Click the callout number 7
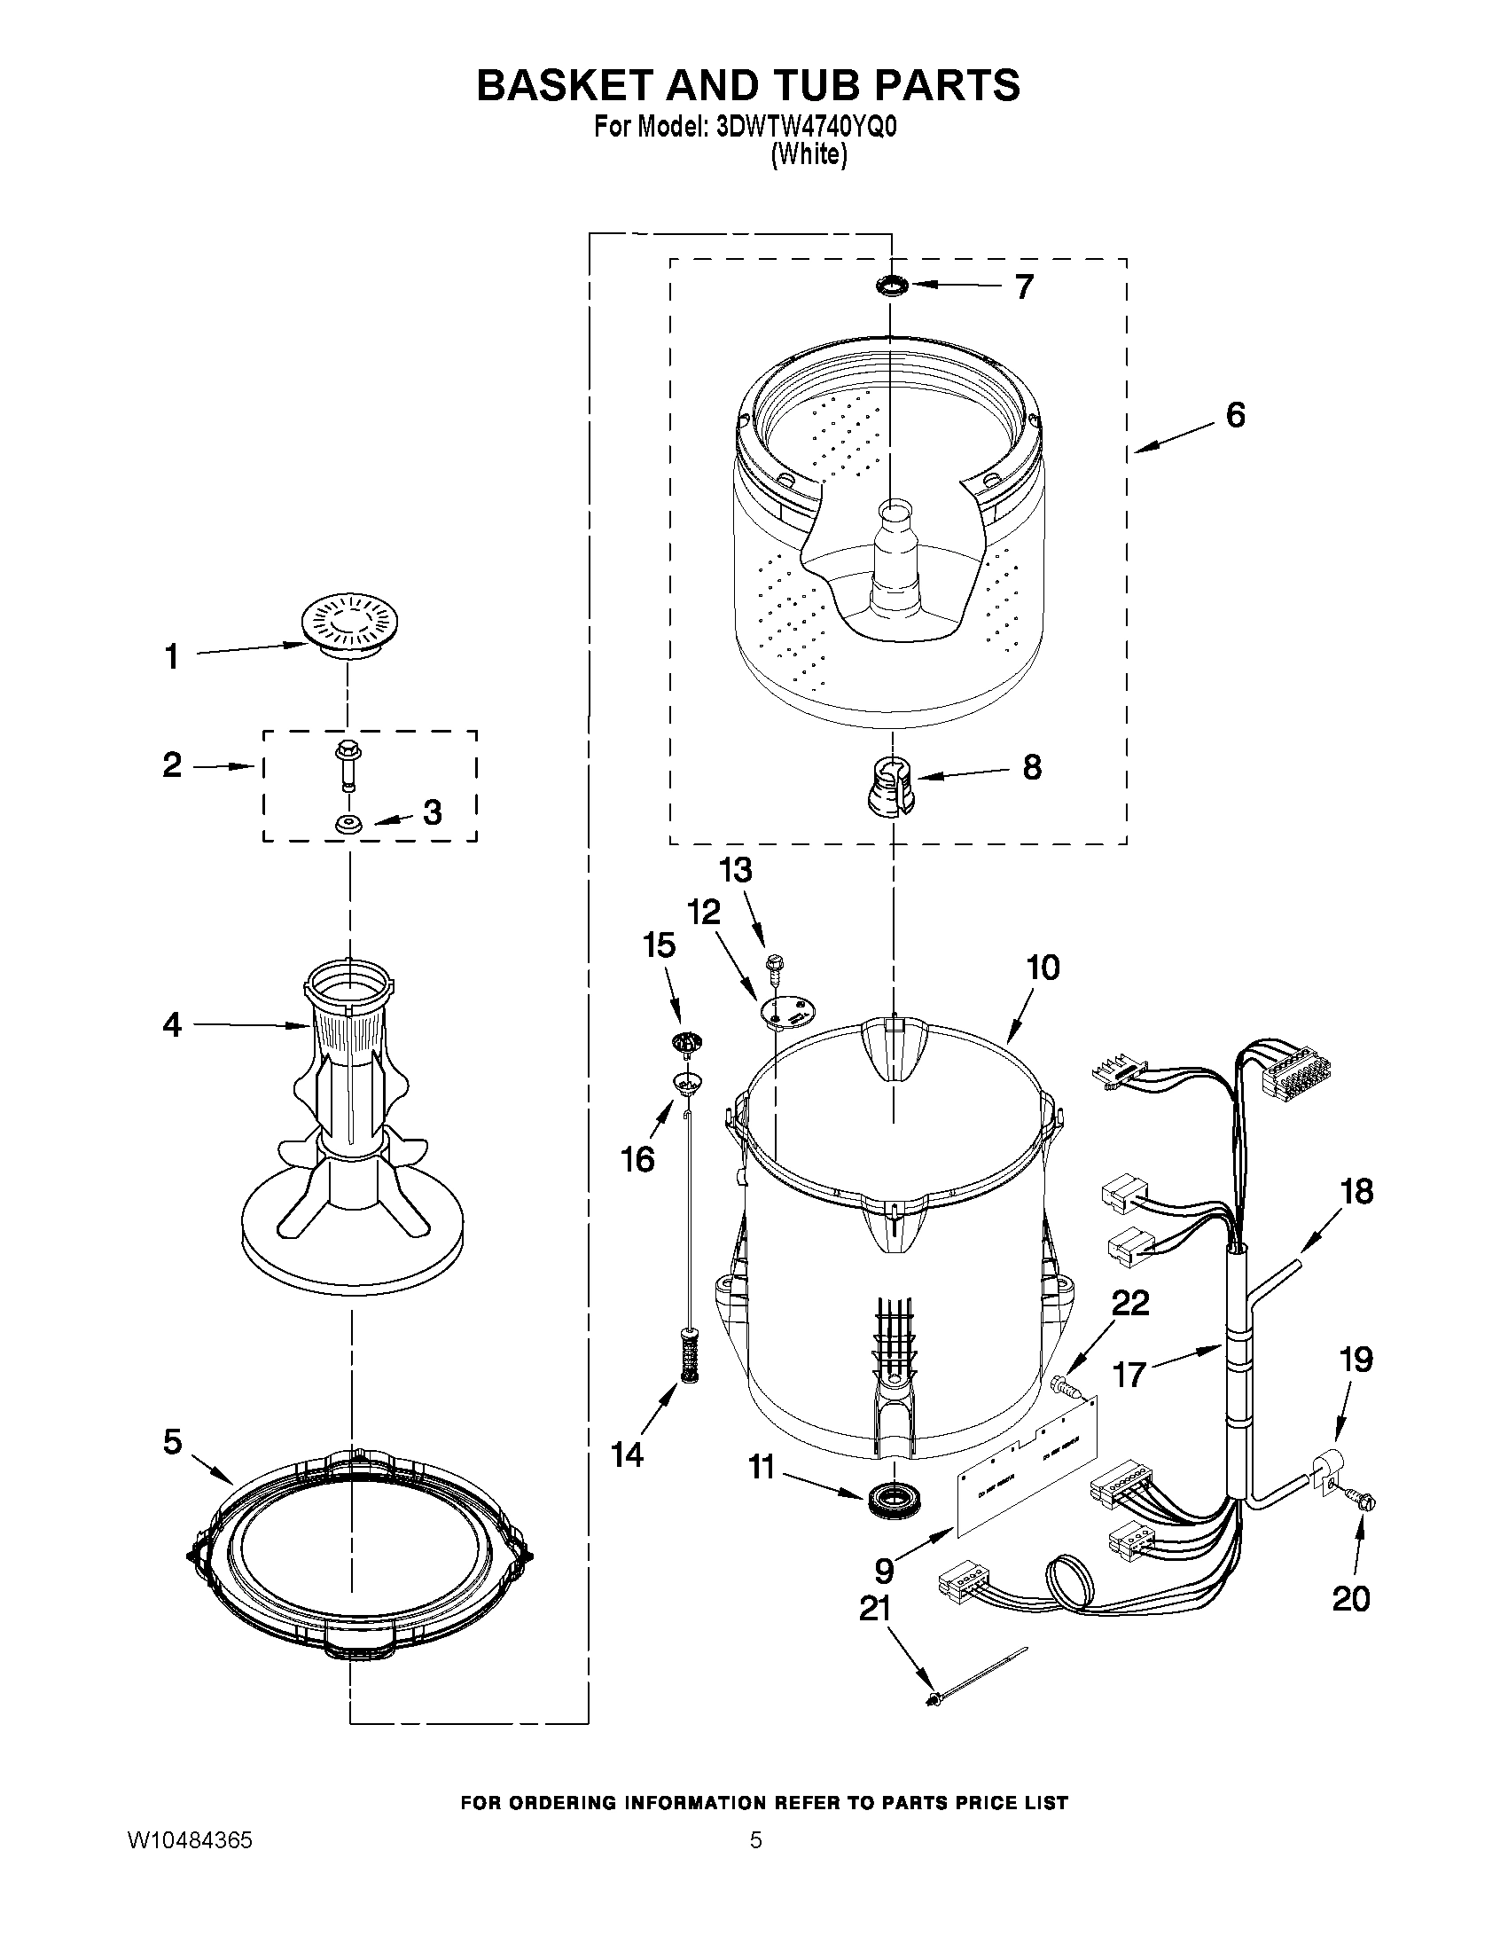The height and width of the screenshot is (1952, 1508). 1024,286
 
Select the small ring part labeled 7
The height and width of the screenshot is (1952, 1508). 892,286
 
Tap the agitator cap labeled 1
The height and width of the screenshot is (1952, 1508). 348,625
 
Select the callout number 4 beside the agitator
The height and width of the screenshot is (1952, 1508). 172,1024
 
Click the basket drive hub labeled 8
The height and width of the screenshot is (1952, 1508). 890,782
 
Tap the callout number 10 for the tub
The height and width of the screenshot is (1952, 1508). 1042,967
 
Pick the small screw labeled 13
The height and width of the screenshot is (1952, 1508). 773,964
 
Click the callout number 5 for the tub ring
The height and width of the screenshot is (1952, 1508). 172,1441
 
